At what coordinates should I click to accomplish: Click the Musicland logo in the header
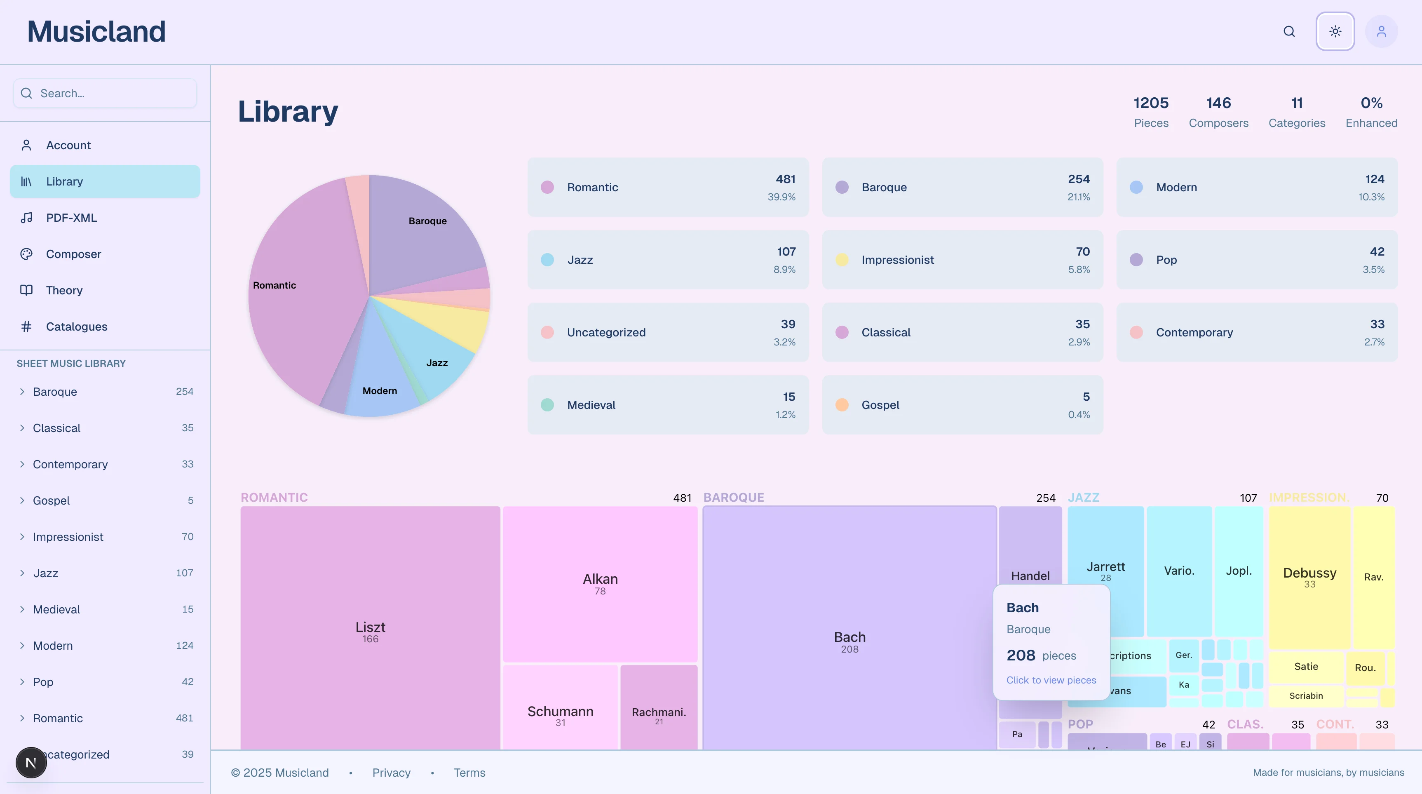point(96,31)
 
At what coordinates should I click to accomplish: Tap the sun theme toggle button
point(1335,31)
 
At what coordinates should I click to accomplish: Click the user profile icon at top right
point(1381,31)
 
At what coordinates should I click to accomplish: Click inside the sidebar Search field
point(110,93)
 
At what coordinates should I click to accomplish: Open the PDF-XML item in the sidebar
point(71,218)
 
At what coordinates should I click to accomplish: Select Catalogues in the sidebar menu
point(76,327)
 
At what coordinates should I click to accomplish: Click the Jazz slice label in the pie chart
point(436,363)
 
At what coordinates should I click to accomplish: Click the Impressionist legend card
point(962,259)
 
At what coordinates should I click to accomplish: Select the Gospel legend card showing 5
point(962,405)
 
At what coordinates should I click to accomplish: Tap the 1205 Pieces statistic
point(1151,112)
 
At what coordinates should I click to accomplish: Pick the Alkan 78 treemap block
point(600,583)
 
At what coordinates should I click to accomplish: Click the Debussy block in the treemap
point(1309,576)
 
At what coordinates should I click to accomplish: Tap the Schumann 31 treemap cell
point(560,714)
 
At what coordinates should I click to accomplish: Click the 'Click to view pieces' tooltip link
point(1051,680)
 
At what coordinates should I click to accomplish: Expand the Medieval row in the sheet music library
point(56,609)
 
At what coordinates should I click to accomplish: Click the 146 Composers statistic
point(1218,112)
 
